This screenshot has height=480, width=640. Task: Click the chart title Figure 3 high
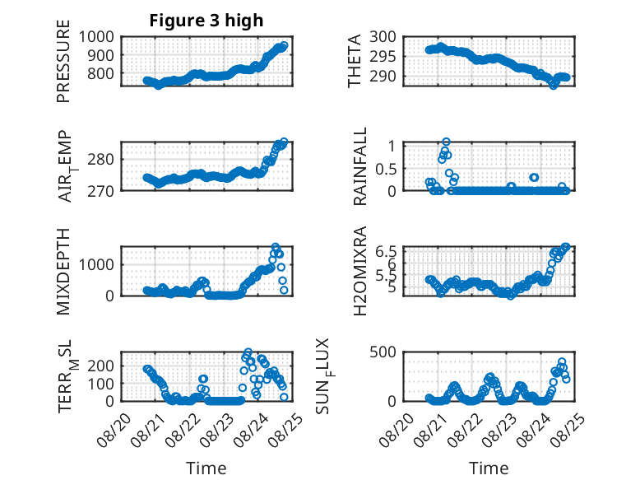click(206, 21)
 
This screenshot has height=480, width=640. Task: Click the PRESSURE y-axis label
click(63, 61)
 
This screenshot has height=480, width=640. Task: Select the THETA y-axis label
click(355, 61)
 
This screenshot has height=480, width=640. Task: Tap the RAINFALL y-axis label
click(360, 166)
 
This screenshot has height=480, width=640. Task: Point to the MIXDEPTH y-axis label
click(63, 272)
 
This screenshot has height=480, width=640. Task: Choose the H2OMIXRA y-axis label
click(360, 271)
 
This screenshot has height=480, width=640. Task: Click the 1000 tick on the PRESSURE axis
click(96, 37)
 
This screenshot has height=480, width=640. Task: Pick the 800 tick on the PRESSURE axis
click(101, 74)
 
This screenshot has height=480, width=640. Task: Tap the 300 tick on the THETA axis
click(383, 37)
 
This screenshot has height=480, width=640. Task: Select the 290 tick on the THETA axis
click(383, 77)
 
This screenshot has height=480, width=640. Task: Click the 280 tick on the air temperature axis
click(101, 160)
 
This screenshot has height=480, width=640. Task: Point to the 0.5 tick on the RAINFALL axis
click(386, 169)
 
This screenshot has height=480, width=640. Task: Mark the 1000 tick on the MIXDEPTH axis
click(96, 264)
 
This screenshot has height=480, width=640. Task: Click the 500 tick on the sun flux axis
click(383, 352)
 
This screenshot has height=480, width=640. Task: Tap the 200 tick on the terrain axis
click(101, 366)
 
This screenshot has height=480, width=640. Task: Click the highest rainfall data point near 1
click(446, 142)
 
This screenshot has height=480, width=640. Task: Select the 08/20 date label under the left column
click(114, 430)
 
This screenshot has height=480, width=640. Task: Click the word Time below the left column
click(206, 468)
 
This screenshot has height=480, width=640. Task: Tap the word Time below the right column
click(489, 468)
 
